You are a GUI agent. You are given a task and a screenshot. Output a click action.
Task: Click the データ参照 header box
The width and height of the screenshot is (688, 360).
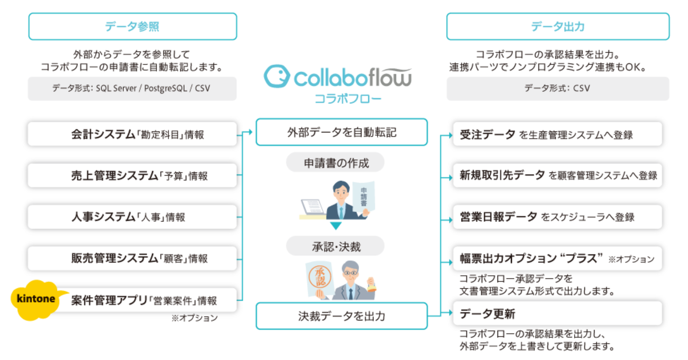132,26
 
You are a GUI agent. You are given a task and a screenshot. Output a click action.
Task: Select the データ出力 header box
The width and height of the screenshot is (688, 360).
558,26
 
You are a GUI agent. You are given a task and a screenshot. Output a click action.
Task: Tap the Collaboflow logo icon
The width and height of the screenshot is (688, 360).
276,77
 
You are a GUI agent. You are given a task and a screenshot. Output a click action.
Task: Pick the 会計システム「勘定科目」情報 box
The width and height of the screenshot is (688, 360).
132,134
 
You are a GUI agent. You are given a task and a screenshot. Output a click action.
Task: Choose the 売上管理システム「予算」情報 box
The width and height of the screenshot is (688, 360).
132,176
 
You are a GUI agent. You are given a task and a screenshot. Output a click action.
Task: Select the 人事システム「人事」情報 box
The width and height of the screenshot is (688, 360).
132,217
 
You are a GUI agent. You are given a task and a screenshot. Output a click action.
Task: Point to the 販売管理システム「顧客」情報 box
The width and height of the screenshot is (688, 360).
132,258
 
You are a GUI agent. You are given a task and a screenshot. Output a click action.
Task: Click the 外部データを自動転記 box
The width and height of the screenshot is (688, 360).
341,132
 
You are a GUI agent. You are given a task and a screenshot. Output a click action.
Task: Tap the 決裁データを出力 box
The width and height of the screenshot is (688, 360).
341,316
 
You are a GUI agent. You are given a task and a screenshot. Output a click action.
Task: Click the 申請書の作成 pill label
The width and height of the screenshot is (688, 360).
335,163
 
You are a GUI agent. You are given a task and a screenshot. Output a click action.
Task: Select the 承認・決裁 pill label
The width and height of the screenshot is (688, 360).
335,246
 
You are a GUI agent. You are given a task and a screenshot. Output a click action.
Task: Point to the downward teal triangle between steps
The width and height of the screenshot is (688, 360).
335,226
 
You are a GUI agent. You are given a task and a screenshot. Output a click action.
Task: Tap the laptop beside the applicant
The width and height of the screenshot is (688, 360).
312,207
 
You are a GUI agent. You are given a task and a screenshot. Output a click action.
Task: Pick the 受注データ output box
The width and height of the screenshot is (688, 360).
558,134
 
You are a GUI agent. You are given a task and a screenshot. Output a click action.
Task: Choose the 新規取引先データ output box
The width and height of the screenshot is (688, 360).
558,176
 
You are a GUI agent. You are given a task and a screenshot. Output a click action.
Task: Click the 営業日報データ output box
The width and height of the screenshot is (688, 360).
558,217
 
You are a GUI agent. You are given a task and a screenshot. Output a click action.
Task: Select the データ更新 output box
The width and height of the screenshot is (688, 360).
558,313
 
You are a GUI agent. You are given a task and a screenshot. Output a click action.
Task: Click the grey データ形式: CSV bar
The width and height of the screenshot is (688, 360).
558,89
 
